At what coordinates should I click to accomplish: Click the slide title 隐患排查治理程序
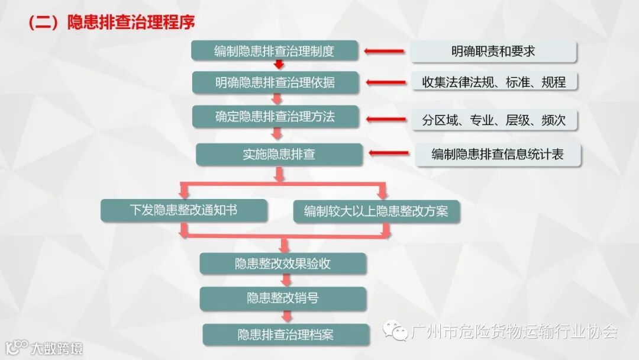click(111, 22)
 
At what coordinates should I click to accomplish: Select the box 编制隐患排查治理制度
click(275, 51)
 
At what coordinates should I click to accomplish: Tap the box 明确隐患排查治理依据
click(275, 82)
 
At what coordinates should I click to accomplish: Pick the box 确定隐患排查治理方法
click(275, 117)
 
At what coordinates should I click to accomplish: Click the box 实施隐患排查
click(279, 155)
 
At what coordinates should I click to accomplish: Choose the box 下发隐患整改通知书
click(183, 210)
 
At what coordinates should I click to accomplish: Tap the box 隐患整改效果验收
click(283, 264)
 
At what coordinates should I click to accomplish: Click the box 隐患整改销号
click(283, 298)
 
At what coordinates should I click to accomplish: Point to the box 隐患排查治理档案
click(286, 335)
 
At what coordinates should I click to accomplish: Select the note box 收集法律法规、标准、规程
click(494, 82)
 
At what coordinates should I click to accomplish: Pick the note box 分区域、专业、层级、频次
click(494, 120)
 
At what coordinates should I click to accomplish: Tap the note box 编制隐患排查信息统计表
click(498, 155)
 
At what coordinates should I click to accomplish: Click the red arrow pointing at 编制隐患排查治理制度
click(385, 52)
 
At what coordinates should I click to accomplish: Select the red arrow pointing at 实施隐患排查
click(388, 154)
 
